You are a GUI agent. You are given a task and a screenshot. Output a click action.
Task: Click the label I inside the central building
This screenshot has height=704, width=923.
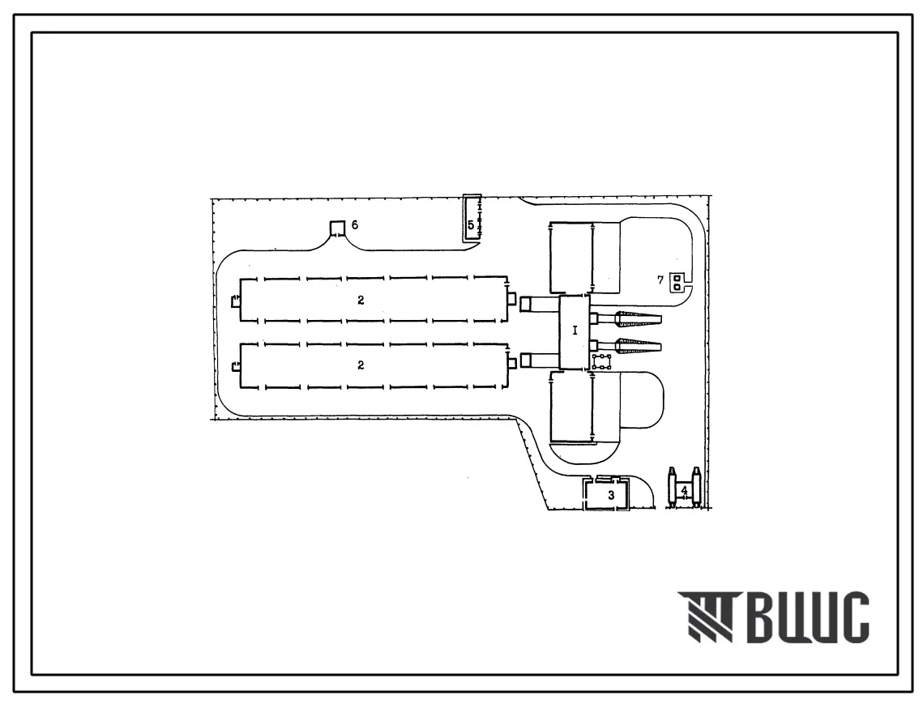575,331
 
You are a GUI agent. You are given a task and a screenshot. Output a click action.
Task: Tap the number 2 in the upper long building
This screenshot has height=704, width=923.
361,301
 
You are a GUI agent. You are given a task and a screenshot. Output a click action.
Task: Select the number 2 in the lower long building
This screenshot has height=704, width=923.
361,365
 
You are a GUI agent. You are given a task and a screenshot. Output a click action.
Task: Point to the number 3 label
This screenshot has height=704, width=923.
611,496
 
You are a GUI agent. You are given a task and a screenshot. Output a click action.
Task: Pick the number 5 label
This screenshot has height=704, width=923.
471,225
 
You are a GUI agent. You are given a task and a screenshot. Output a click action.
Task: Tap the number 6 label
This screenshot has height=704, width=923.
355,225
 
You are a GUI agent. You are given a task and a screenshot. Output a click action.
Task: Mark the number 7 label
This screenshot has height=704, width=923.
660,280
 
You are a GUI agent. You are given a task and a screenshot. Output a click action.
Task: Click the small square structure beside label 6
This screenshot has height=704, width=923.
337,228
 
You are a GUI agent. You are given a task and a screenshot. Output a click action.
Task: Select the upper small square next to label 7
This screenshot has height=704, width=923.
677,278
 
